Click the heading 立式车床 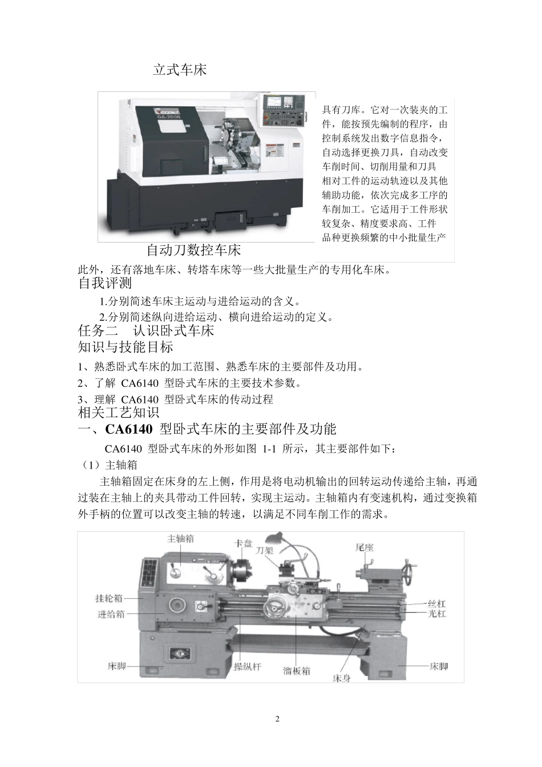tap(179, 70)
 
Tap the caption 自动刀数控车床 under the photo tap(193, 250)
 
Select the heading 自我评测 tap(105, 283)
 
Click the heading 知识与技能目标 tap(125, 347)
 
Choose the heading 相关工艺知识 tap(118, 413)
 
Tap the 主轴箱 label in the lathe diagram tap(180, 538)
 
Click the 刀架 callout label tap(264, 551)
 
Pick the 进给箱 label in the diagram tap(111, 614)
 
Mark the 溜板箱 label tap(297, 671)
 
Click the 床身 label tap(341, 679)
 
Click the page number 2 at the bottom tap(277, 718)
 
